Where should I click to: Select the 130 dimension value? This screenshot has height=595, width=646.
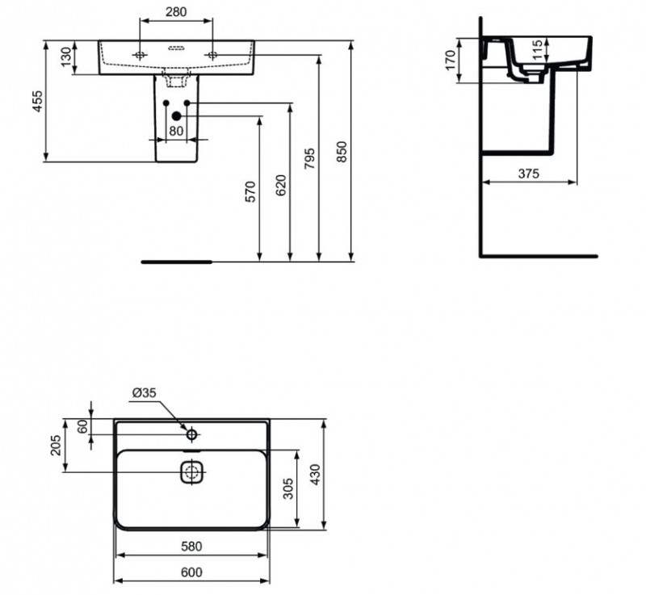click(64, 58)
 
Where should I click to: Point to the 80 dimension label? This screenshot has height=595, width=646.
click(176, 131)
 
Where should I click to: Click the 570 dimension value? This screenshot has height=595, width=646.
click(250, 191)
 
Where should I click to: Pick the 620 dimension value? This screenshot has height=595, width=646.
click(280, 185)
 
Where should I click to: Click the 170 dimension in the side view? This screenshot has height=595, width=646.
click(452, 59)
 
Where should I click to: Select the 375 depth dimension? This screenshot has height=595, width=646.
click(529, 173)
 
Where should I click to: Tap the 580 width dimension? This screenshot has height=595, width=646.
click(191, 546)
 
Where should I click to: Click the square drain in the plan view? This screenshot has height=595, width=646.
click(192, 471)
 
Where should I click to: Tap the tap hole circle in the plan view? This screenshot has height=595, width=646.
click(192, 435)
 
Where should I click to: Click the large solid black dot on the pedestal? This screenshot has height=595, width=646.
click(176, 115)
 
